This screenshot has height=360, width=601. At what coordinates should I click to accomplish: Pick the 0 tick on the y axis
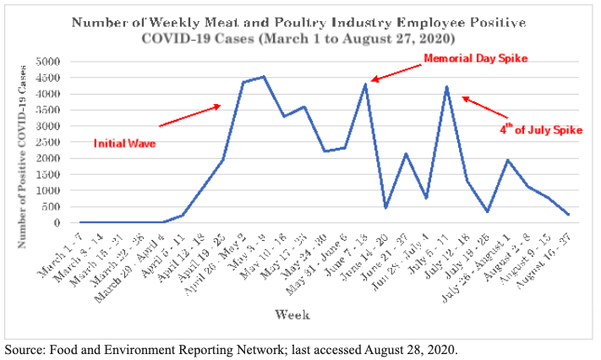pyautogui.click(x=60, y=223)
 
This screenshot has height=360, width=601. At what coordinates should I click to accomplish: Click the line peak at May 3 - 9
pyautogui.click(x=264, y=77)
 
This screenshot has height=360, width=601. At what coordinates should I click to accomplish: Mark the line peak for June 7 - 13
pyautogui.click(x=365, y=84)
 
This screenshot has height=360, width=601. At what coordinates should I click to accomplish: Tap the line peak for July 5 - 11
pyautogui.click(x=446, y=87)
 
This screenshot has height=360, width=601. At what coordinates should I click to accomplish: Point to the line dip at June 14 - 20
pyautogui.click(x=385, y=208)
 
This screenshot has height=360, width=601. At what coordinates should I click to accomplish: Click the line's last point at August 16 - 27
pyautogui.click(x=568, y=215)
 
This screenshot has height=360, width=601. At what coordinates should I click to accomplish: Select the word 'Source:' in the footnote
pyautogui.click(x=25, y=347)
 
